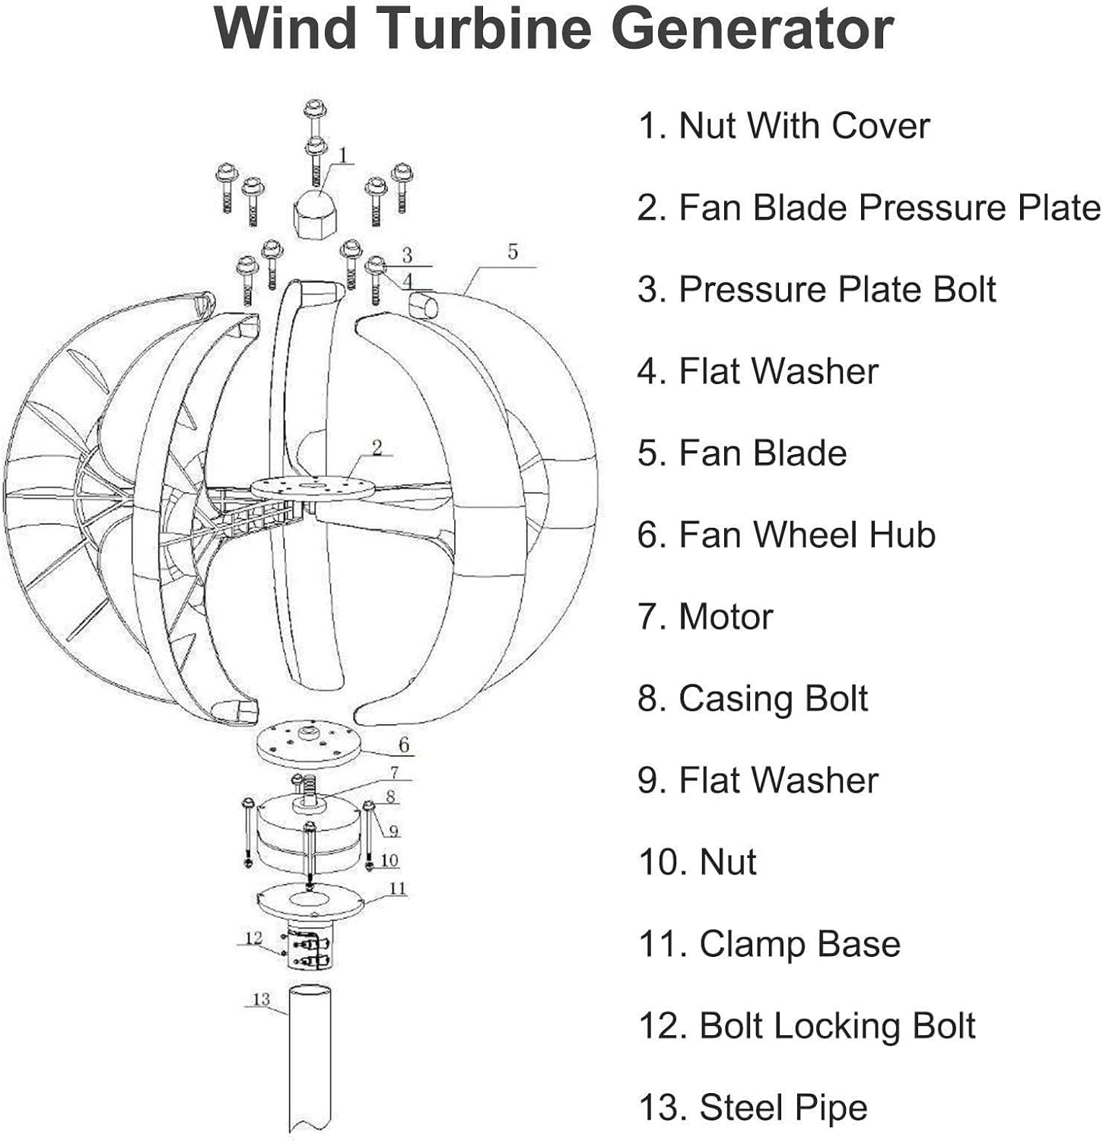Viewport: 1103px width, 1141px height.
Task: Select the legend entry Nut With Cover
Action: click(x=784, y=126)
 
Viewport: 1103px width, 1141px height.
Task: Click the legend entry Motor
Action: click(x=705, y=617)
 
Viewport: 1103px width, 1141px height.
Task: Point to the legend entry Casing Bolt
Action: click(x=753, y=698)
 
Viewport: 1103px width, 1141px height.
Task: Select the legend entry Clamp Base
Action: click(x=769, y=944)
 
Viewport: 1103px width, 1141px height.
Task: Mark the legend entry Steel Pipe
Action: click(x=753, y=1108)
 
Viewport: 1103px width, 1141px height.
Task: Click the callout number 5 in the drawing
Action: click(x=512, y=252)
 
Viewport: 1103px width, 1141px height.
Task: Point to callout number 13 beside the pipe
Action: click(x=261, y=999)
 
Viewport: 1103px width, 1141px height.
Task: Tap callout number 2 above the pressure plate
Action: click(x=377, y=447)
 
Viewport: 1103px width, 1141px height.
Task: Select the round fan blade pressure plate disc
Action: click(x=312, y=488)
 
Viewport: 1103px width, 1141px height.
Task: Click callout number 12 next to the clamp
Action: click(x=253, y=938)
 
